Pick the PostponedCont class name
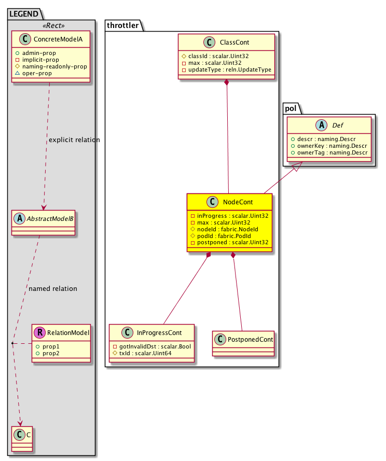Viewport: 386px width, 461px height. pyautogui.click(x=249, y=340)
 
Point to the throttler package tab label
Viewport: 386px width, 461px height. pyautogui.click(x=121, y=25)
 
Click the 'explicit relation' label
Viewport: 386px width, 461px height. pyautogui.click(x=74, y=140)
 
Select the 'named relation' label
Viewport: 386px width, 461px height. pyautogui.click(x=53, y=288)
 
